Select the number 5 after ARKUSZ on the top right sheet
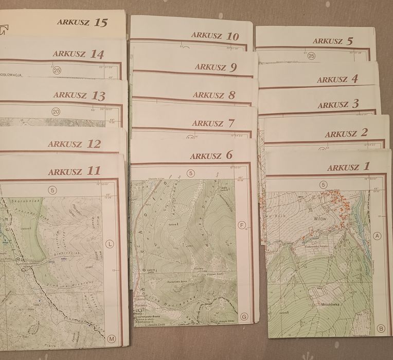(350, 41)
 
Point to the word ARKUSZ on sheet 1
(343, 167)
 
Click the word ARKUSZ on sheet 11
(66, 172)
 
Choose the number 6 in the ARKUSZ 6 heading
(228, 155)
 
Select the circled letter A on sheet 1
(378, 236)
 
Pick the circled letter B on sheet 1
(381, 328)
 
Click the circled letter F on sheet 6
(242, 225)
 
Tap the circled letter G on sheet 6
(243, 316)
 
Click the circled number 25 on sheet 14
(57, 71)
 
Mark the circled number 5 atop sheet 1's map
(323, 184)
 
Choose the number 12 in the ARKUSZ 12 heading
(94, 144)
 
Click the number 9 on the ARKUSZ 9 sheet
(233, 67)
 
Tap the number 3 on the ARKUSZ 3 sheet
(355, 105)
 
